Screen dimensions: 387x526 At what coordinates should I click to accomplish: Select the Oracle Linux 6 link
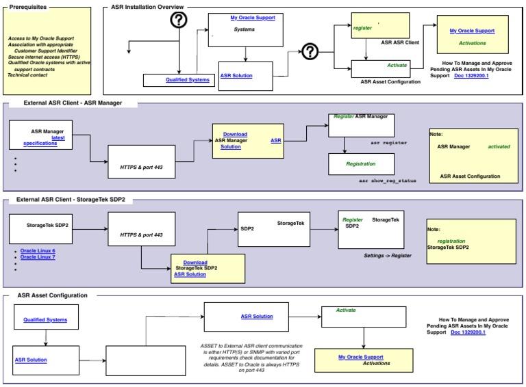tap(38, 251)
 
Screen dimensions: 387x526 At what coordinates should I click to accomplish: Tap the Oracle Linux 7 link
tap(38, 257)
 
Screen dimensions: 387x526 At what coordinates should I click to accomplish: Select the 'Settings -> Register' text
tap(388, 255)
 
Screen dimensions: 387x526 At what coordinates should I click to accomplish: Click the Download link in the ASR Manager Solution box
tap(235, 134)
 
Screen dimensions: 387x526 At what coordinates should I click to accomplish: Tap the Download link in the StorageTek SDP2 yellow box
tap(195, 262)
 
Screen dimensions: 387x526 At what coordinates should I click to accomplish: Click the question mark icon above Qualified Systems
tap(179, 21)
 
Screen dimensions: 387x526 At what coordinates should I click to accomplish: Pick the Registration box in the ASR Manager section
tap(361, 164)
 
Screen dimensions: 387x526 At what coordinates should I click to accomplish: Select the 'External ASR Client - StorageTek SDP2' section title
tap(70, 200)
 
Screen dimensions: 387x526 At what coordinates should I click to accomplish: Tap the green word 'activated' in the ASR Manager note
tap(498, 146)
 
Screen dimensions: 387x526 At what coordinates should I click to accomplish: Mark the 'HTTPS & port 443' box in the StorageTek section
tap(141, 235)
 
